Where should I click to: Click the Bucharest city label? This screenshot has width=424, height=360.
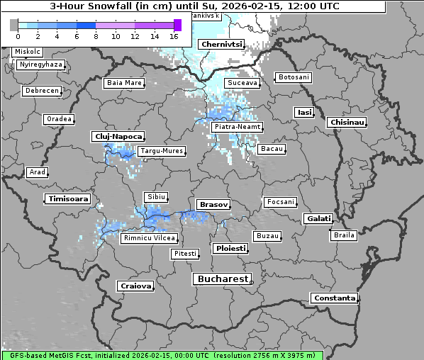coord(223,279)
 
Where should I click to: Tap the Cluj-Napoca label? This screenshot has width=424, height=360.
coord(118,136)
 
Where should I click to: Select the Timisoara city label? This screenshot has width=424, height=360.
coord(68,199)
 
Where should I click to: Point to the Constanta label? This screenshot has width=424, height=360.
coord(335,298)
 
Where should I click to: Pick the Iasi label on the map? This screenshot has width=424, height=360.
coord(304,112)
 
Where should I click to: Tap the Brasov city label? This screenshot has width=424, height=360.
coord(213,204)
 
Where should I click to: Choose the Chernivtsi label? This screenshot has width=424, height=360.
coord(222,44)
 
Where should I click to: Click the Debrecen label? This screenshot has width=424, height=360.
coord(41,91)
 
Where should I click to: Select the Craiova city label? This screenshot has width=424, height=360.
coord(136,286)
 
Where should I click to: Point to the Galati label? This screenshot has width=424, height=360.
coord(318,218)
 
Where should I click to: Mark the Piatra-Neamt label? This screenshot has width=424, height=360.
coord(237,127)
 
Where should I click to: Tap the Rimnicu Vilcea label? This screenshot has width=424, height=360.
coord(148,238)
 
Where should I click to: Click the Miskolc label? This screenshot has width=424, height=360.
coord(28,52)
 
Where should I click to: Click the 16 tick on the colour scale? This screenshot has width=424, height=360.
coord(174,35)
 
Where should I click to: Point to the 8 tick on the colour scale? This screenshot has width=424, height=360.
coord(96,35)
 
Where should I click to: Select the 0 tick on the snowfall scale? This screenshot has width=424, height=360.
coord(18,35)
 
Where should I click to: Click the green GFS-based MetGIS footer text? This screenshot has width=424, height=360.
coord(162,355)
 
